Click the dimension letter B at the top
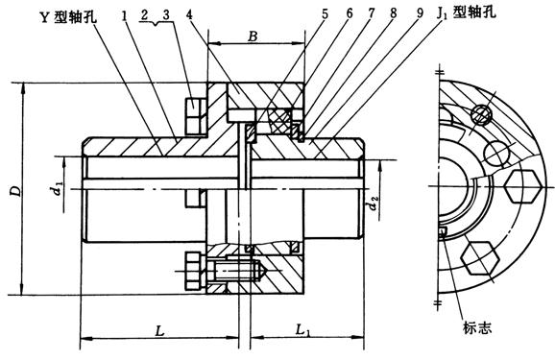(253, 36)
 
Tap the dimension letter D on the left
(15, 191)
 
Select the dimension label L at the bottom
(160, 331)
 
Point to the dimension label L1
(303, 332)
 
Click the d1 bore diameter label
(57, 187)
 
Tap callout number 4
(189, 14)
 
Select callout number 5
(325, 14)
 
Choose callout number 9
(420, 13)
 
